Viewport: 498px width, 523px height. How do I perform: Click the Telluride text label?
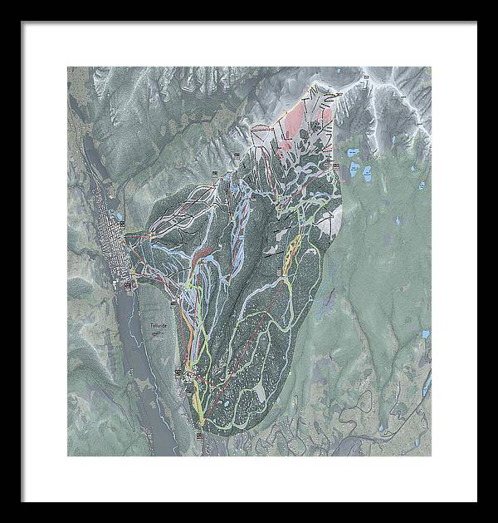tap(155, 325)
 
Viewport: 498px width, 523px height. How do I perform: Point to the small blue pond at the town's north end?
tap(121, 218)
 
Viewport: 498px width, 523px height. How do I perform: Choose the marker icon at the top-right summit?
tap(364, 76)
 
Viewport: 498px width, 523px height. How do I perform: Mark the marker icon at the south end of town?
tap(129, 287)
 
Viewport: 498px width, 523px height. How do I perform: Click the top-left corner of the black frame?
tap(22, 22)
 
